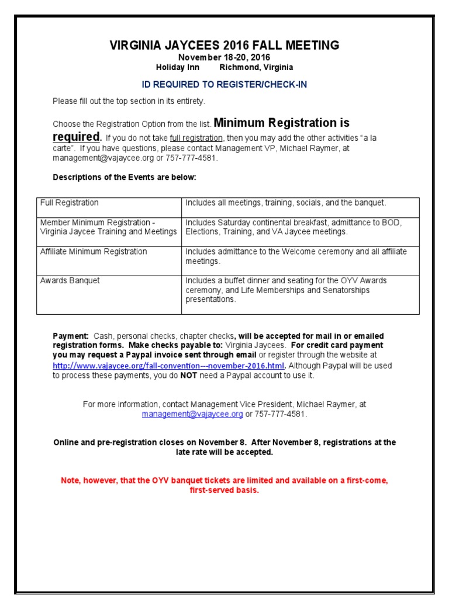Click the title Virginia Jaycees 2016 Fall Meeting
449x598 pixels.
[224, 45]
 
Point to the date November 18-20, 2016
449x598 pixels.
[224, 57]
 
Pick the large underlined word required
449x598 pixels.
[77, 137]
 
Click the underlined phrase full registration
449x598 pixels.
[196, 138]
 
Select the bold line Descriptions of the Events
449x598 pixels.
[125, 177]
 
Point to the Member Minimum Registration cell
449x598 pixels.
[108, 227]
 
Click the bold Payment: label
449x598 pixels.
[71, 336]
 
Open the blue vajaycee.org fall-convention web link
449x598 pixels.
[168, 366]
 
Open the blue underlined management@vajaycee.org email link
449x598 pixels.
[192, 414]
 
